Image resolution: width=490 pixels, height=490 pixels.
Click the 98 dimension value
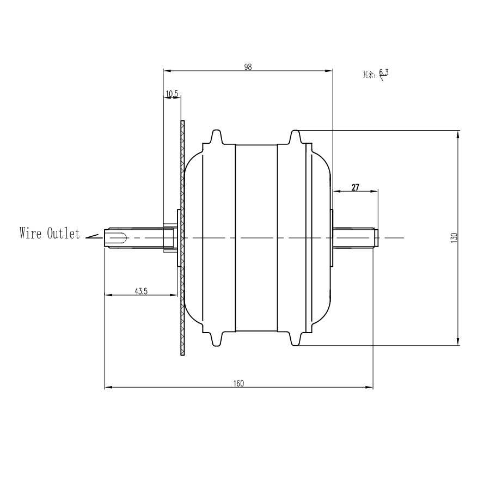pyautogui.click(x=248, y=67)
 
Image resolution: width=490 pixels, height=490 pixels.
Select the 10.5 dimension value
pyautogui.click(x=172, y=94)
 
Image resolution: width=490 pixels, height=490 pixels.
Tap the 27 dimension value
pyautogui.click(x=356, y=187)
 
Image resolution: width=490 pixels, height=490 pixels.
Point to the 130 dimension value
pyautogui.click(x=455, y=238)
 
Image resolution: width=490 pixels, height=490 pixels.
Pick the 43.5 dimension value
pyautogui.click(x=141, y=291)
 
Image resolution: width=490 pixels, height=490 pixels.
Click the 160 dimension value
pyautogui.click(x=238, y=383)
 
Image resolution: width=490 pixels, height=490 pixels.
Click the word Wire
pyautogui.click(x=30, y=233)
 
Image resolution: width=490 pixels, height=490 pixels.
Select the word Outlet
pyautogui.click(x=64, y=233)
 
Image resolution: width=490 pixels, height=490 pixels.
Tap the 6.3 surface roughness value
pyautogui.click(x=384, y=72)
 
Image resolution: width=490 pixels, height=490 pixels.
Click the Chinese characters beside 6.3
pyautogui.click(x=369, y=75)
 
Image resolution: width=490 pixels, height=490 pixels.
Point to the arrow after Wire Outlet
pyautogui.click(x=94, y=237)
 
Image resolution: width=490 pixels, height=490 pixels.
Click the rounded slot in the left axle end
pyautogui.click(x=118, y=238)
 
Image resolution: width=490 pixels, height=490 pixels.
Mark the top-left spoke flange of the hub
pyautogui.click(x=217, y=138)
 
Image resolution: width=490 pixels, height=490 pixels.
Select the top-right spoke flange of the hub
pyautogui.click(x=295, y=138)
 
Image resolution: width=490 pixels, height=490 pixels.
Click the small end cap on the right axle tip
pyautogui.click(x=376, y=238)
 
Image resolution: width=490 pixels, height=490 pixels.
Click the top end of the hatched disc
pyautogui.click(x=182, y=121)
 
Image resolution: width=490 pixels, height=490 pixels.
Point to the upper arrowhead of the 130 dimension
pyautogui.click(x=458, y=134)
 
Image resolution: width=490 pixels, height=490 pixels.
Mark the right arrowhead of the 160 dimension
pyautogui.click(x=369, y=388)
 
